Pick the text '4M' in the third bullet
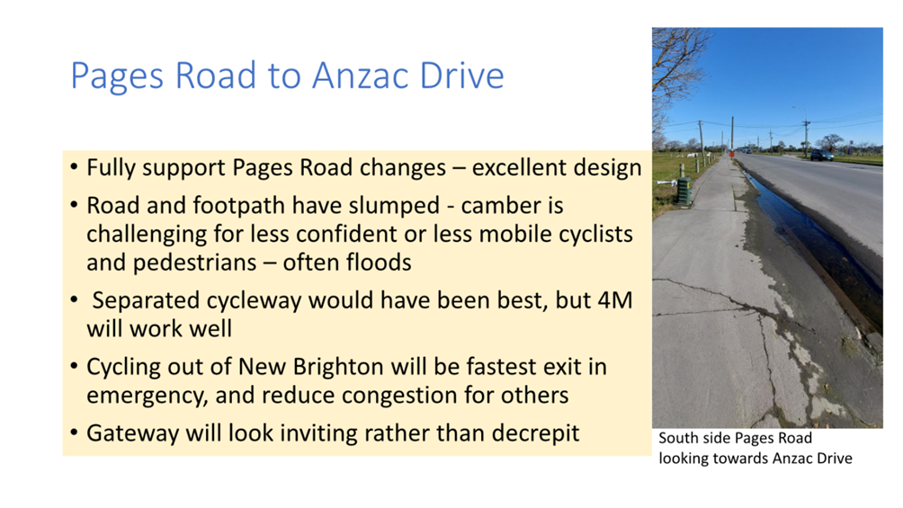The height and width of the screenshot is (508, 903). (x=616, y=300)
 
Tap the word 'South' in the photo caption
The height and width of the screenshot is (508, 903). (x=679, y=439)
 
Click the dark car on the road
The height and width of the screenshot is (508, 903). (x=821, y=156)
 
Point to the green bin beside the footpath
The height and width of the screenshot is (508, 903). (x=683, y=191)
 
